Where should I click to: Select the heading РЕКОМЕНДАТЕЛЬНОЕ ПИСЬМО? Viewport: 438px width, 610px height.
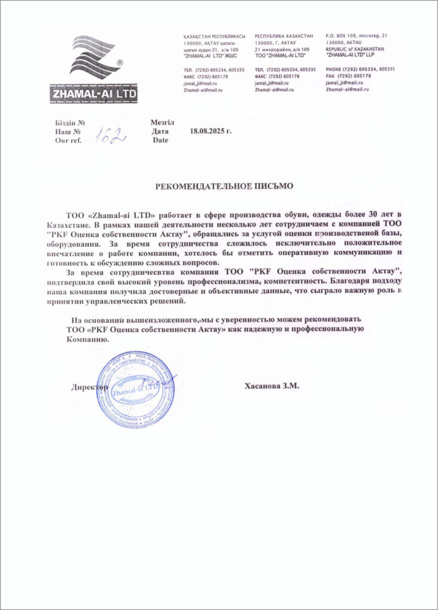225,186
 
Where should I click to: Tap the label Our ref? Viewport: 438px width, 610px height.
67,141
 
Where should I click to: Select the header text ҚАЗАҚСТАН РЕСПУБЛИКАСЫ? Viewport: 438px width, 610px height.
214,36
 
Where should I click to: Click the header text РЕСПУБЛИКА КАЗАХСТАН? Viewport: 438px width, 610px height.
284,36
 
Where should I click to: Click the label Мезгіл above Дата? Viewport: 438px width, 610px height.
163,122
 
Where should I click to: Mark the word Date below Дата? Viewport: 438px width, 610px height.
160,141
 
